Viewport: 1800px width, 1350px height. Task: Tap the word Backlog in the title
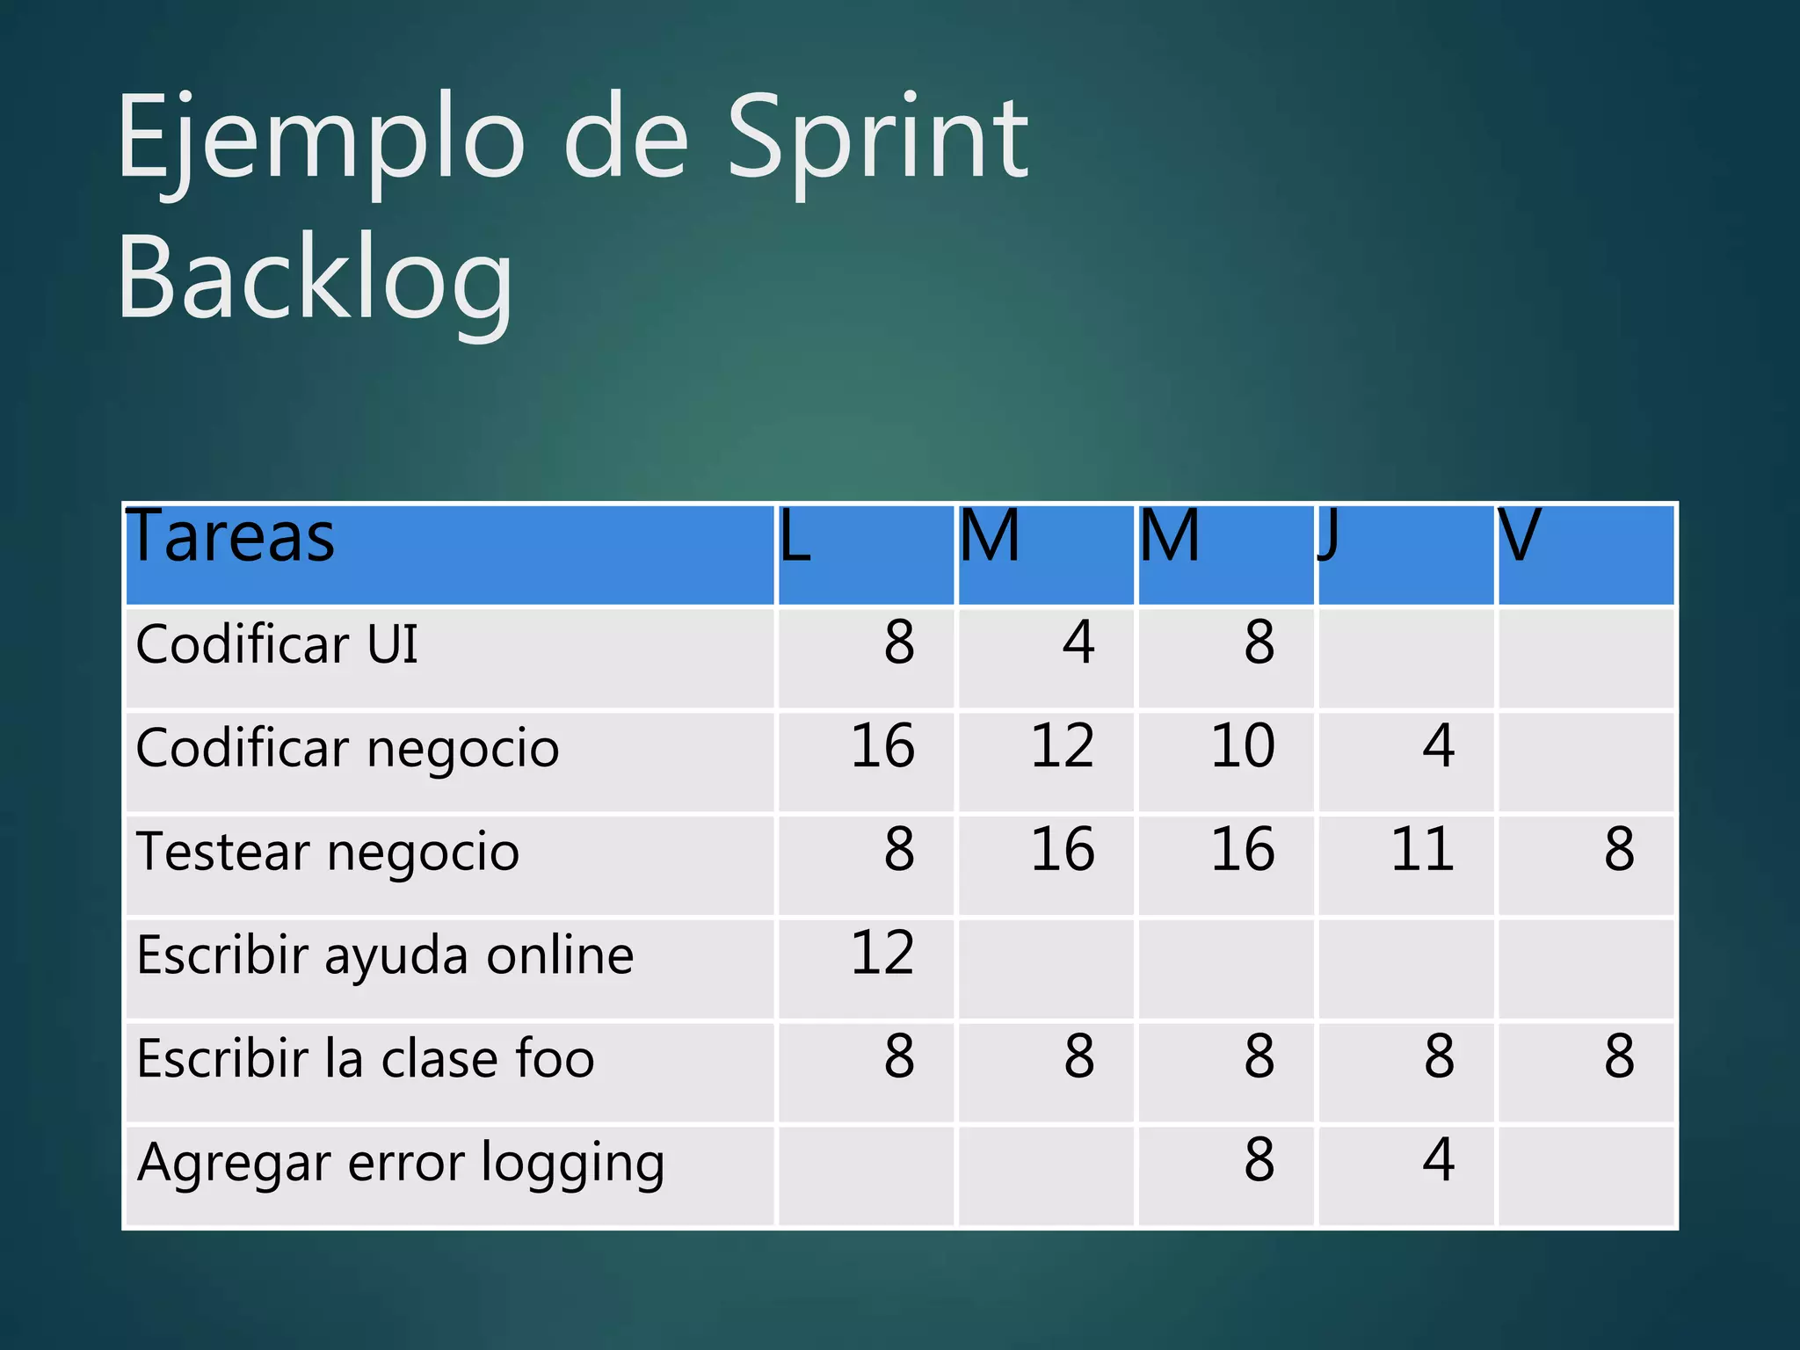point(315,279)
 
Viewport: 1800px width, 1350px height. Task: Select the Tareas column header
point(231,536)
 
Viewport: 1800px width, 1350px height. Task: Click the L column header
point(795,536)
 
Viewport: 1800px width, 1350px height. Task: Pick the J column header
point(1328,536)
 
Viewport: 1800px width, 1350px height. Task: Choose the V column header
point(1520,536)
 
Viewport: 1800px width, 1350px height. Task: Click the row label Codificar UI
point(277,643)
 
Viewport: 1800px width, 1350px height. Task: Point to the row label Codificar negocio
point(347,748)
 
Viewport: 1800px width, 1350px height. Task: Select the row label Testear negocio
point(328,852)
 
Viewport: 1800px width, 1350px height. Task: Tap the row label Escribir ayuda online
point(385,955)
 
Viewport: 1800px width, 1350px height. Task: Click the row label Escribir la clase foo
point(366,1058)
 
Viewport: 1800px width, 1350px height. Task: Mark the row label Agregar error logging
point(401,1163)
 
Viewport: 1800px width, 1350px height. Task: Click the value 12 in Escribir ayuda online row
point(882,953)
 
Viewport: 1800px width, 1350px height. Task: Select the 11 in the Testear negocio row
point(1422,850)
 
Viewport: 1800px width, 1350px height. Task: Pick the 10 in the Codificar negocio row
point(1242,746)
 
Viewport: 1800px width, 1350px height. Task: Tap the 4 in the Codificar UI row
point(1078,642)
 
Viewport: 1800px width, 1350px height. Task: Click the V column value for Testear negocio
point(1619,850)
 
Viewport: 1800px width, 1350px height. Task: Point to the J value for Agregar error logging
point(1439,1160)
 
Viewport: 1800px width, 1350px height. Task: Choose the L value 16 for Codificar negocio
point(882,746)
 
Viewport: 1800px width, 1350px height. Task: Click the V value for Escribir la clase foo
point(1619,1056)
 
